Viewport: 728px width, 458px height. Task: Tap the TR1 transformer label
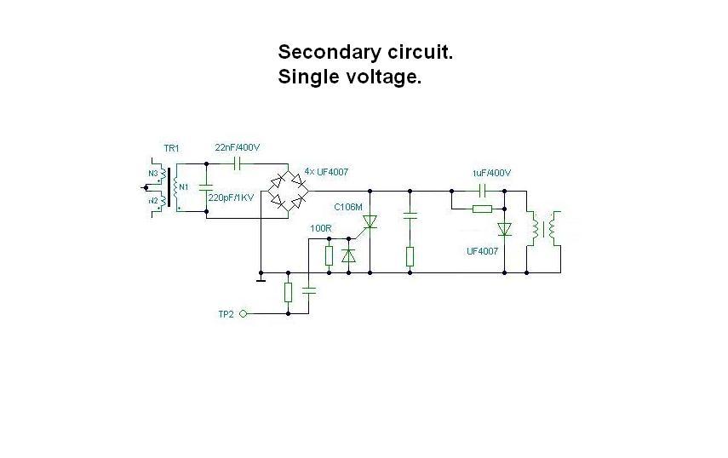[171, 149]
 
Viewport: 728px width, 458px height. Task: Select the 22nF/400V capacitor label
[238, 147]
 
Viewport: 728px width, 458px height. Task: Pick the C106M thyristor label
[347, 207]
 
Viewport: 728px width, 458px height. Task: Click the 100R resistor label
[321, 228]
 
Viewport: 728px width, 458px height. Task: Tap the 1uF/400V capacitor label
[491, 174]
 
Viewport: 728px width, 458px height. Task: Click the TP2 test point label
[226, 314]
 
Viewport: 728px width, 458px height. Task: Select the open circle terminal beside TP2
[243, 314]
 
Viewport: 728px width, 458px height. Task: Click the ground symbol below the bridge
[261, 277]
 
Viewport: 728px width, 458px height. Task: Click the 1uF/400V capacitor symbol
[482, 190]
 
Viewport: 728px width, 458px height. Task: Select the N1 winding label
[183, 186]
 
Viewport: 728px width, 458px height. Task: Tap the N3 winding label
[153, 174]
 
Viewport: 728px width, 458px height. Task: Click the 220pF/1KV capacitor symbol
[206, 186]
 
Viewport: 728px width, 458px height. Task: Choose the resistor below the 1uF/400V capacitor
[482, 208]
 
